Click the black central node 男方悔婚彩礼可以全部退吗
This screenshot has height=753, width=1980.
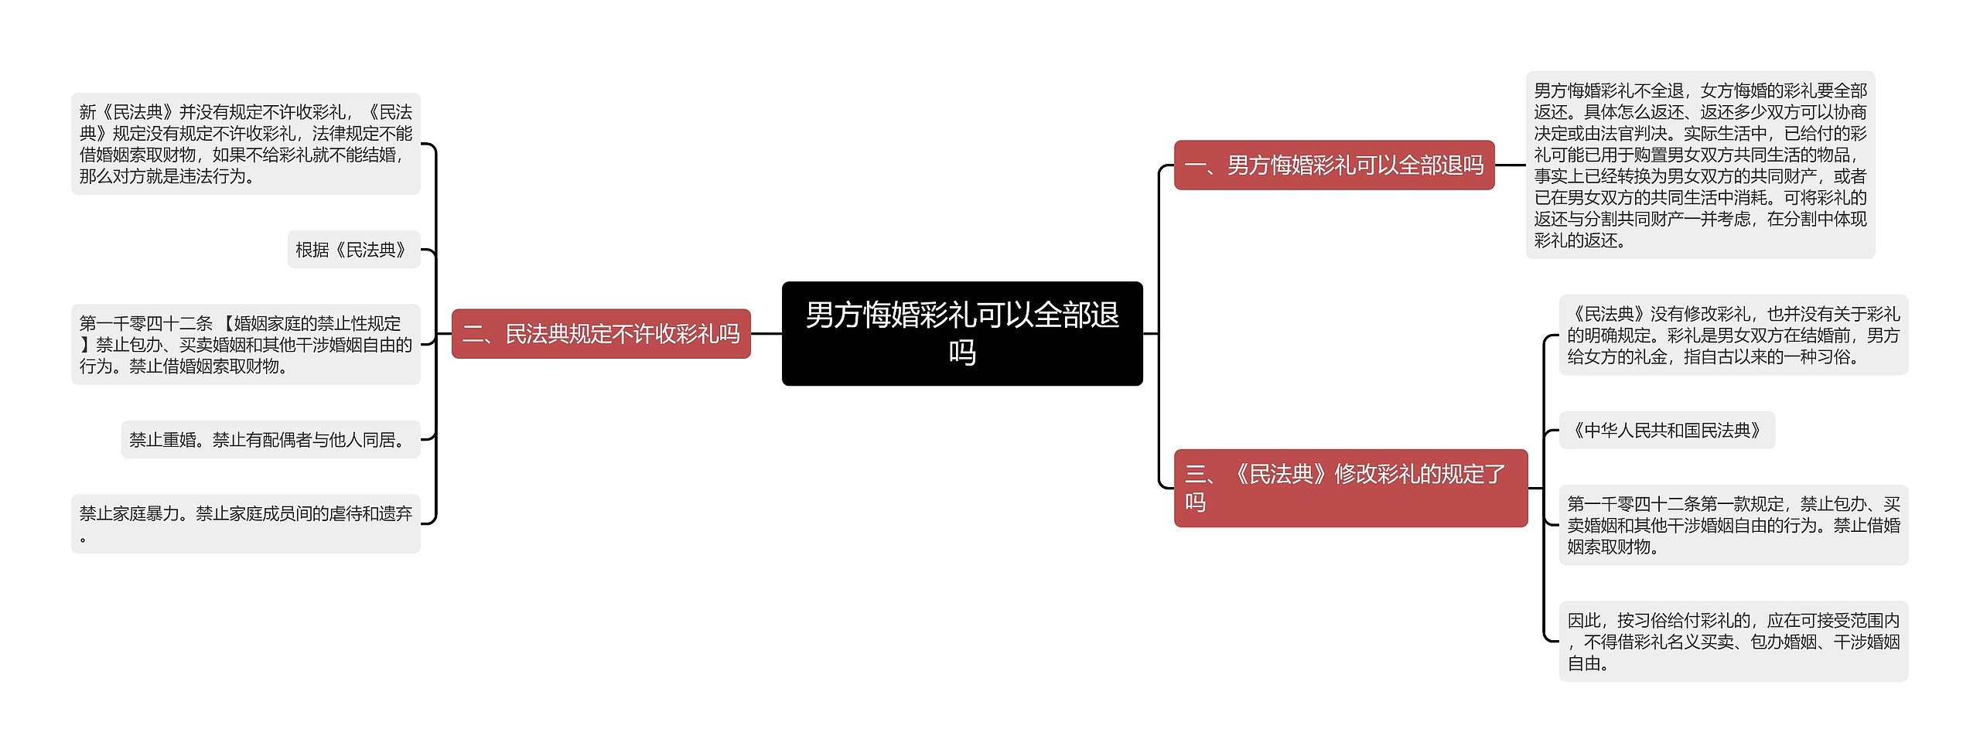tap(962, 333)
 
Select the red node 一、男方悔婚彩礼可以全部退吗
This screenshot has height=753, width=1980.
tap(1334, 165)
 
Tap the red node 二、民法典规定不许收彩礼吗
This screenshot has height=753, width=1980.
tap(601, 333)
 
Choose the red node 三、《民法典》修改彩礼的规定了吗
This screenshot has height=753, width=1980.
tap(1351, 488)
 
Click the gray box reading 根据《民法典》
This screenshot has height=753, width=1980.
tap(353, 250)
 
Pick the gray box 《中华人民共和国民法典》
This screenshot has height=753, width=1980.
tap(1667, 430)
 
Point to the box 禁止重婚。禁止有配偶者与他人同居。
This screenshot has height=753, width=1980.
tap(271, 439)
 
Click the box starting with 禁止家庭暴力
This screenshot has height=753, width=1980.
tap(246, 523)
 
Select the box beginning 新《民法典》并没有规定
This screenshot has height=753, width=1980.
tap(246, 144)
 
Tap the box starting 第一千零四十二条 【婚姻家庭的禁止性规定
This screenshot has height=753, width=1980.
tap(246, 344)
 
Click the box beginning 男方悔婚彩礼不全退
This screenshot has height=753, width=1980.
tap(1700, 165)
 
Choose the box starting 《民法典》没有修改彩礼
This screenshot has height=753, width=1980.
tap(1733, 335)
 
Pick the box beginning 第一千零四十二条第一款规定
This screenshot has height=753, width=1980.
tap(1733, 525)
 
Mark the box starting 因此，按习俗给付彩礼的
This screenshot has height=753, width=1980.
tap(1733, 641)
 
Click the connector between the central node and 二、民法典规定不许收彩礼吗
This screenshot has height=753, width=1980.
tap(766, 334)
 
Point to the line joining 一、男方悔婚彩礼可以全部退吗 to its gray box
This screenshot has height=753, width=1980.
tap(1511, 165)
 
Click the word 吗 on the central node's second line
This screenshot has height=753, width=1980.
tap(962, 353)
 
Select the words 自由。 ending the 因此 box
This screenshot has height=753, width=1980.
tap(1589, 663)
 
